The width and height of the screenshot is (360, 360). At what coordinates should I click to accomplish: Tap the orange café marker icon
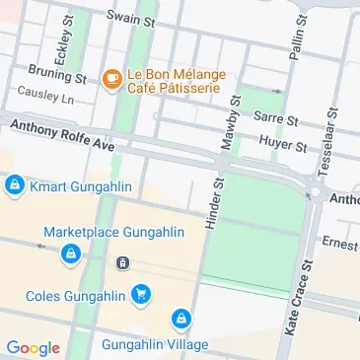click(x=111, y=77)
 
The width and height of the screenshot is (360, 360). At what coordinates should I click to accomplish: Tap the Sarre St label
click(x=275, y=117)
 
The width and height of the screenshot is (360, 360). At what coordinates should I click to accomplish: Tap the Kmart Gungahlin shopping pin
click(x=14, y=184)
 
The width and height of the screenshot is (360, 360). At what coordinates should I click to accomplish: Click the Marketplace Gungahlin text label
click(x=113, y=233)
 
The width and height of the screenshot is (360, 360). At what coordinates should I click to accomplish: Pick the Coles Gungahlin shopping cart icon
click(x=142, y=294)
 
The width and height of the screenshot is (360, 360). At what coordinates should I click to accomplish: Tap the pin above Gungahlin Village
click(x=180, y=319)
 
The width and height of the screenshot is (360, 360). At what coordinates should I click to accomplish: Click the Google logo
click(x=32, y=346)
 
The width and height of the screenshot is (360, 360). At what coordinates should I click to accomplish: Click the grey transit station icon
click(x=122, y=262)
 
